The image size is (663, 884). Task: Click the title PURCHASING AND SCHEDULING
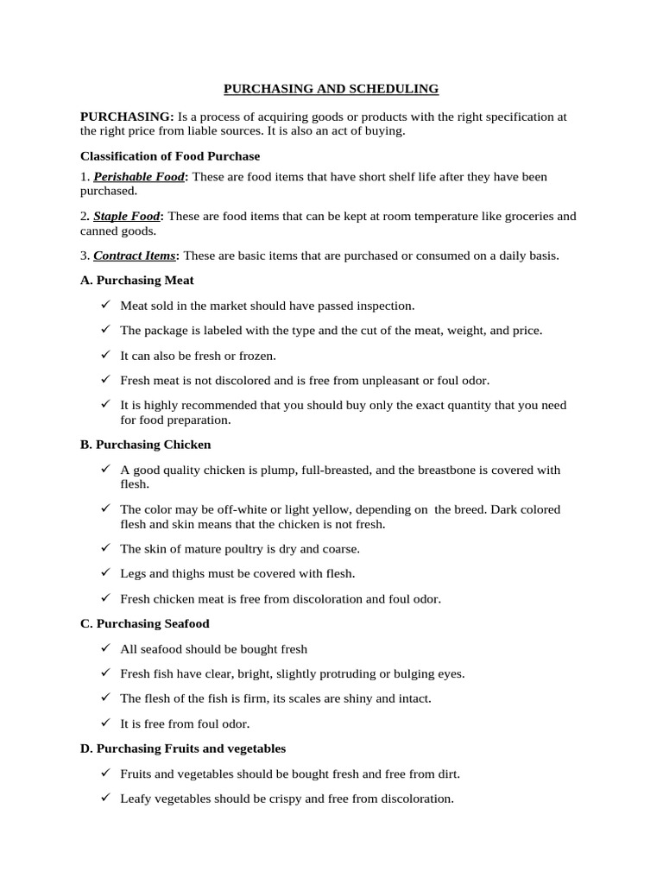pyautogui.click(x=331, y=89)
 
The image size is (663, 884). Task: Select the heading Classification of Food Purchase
pyautogui.click(x=170, y=156)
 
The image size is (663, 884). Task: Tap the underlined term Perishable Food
pyautogui.click(x=139, y=177)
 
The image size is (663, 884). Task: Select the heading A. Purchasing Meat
pyautogui.click(x=136, y=280)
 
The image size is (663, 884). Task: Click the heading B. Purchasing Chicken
pyautogui.click(x=145, y=445)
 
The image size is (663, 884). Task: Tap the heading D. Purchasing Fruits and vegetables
pyautogui.click(x=183, y=748)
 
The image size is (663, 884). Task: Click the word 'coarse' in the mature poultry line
pyautogui.click(x=341, y=549)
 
